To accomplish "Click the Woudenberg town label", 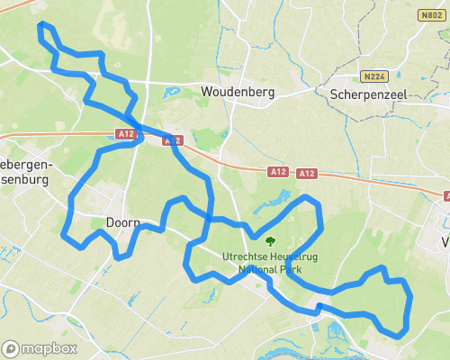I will (238, 92).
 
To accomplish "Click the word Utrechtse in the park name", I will (247, 256).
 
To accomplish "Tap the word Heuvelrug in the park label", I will (297, 256).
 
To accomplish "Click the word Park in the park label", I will (292, 268).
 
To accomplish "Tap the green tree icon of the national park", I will (270, 241).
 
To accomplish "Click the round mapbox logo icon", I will (11, 348).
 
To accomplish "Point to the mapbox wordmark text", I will (49, 348).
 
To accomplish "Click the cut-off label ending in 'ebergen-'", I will (27, 165).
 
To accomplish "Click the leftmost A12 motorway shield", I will (125, 133).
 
